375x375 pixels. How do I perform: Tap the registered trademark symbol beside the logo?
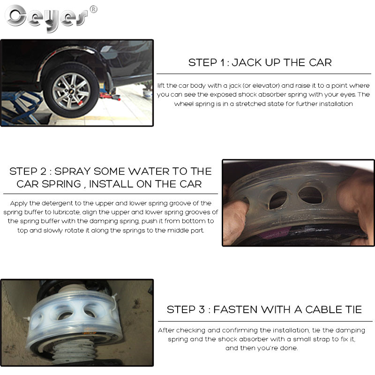93,9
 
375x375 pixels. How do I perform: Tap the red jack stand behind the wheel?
106,96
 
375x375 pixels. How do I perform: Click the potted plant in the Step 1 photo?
147,91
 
